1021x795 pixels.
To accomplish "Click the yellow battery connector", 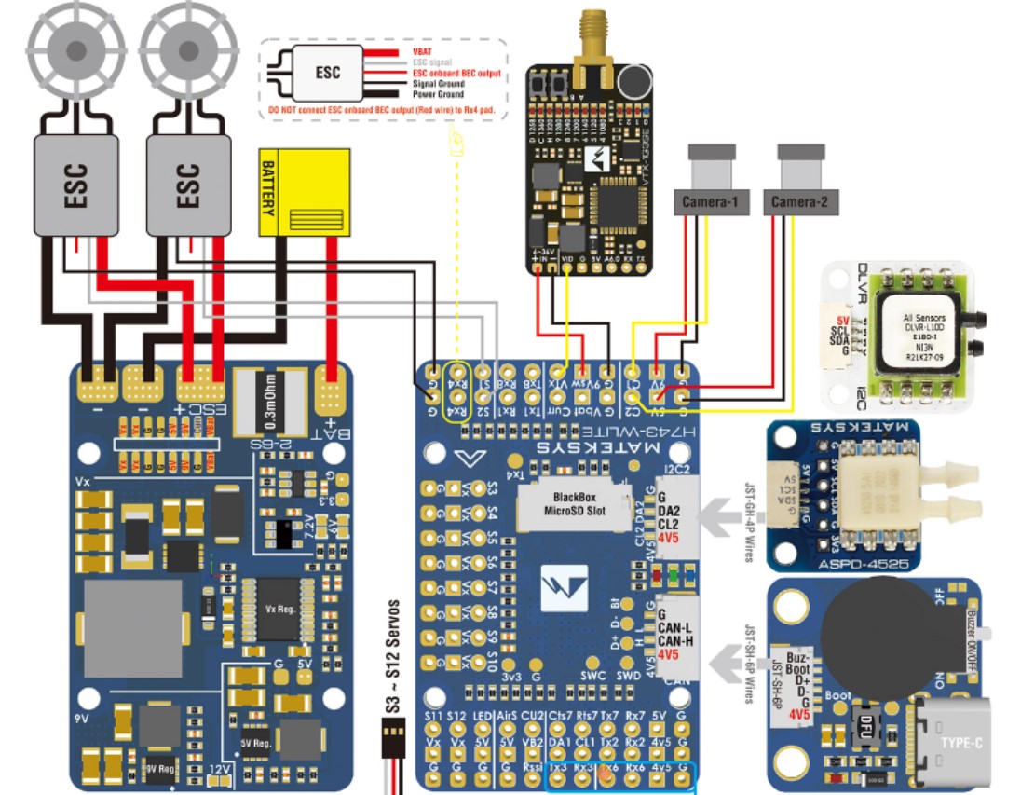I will tap(304, 195).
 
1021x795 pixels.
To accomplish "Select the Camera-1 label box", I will tap(709, 201).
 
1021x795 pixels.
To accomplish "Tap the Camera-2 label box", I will tap(799, 201).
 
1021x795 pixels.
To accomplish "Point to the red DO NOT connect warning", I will tap(381, 110).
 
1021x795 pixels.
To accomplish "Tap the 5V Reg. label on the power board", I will tap(255, 743).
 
